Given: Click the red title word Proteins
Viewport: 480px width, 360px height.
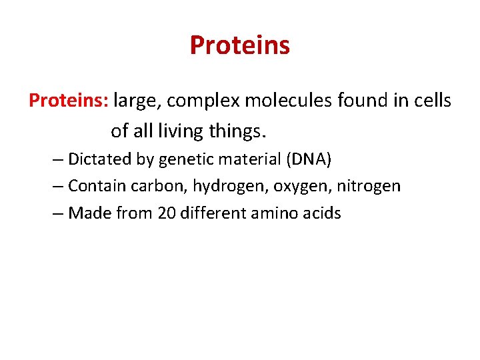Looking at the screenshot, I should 239,45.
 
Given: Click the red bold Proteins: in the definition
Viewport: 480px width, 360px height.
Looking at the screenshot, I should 69,101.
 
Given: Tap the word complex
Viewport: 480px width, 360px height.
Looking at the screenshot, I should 203,101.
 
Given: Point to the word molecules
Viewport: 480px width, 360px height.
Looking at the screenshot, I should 290,101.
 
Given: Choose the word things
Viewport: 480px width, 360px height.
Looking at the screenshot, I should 237,131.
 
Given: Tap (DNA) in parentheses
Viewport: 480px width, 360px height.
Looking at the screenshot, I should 307,159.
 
